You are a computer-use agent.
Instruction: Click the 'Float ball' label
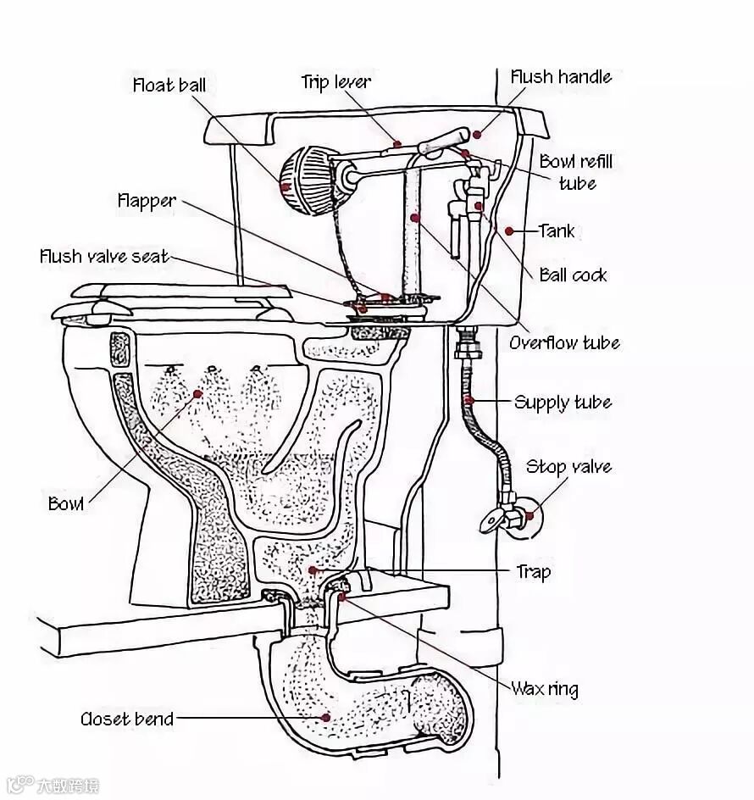(169, 85)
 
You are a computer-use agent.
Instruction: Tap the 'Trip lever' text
(335, 81)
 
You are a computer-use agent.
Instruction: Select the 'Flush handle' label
(560, 77)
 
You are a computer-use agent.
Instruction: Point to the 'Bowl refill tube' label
(576, 172)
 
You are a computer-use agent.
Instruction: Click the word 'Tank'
(557, 231)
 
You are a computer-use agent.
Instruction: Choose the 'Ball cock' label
(574, 275)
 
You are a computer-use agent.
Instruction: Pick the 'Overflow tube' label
(564, 343)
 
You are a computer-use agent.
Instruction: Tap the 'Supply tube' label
(563, 402)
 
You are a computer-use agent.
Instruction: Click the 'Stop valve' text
(568, 466)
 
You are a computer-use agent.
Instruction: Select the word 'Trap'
(533, 572)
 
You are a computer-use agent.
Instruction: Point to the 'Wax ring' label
(544, 688)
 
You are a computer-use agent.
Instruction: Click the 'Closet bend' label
(127, 719)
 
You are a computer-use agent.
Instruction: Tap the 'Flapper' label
(147, 201)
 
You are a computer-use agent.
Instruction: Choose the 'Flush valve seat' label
(104, 256)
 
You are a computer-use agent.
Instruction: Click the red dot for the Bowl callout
(198, 393)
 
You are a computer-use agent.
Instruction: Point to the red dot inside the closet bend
(325, 717)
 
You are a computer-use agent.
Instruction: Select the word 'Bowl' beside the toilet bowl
(66, 503)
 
